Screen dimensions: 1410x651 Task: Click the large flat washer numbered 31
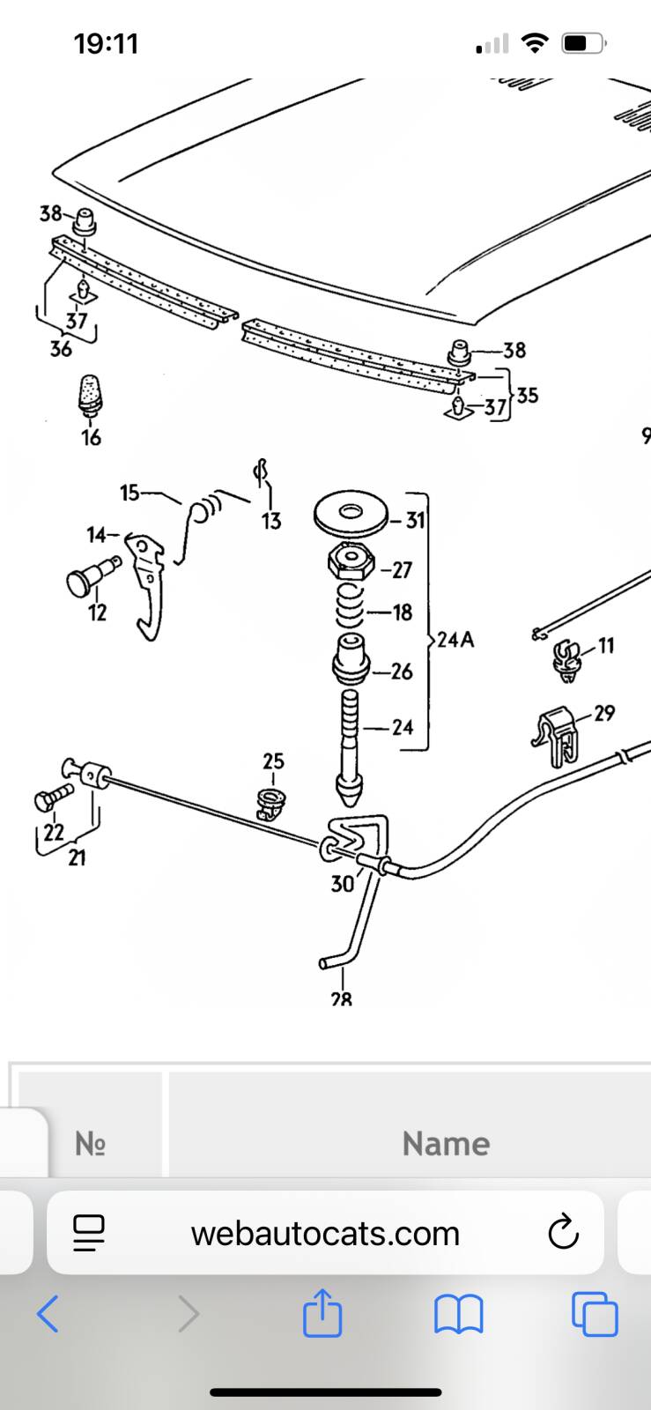(352, 514)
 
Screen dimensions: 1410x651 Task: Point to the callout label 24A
(455, 640)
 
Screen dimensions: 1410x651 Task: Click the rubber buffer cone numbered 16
(90, 393)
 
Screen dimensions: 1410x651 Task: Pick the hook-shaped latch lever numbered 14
(145, 577)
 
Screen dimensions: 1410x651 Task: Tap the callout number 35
(527, 395)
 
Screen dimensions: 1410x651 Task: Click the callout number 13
(271, 521)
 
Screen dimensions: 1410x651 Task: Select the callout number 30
(342, 883)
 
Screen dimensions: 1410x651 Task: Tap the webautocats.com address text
(325, 1234)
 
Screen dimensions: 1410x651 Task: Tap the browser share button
(322, 1314)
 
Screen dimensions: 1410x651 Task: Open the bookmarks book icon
(459, 1314)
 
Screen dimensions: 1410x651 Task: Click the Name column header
(446, 1144)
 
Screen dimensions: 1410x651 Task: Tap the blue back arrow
(48, 1314)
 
